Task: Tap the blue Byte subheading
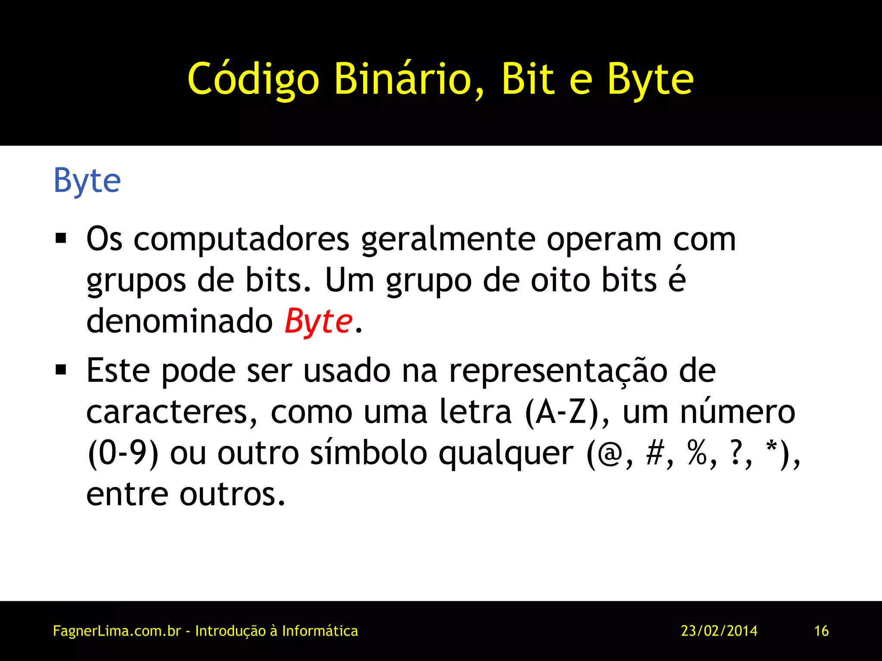tap(87, 181)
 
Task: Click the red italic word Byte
tap(319, 321)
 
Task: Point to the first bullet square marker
tap(61, 238)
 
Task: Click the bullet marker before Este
tap(61, 369)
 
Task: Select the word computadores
tap(241, 239)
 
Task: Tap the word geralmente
tap(448, 240)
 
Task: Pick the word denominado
tap(180, 321)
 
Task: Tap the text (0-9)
tap(123, 454)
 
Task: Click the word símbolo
tap(369, 454)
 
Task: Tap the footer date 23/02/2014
tap(719, 631)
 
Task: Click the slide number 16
tap(821, 631)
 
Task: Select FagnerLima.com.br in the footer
tap(117, 631)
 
